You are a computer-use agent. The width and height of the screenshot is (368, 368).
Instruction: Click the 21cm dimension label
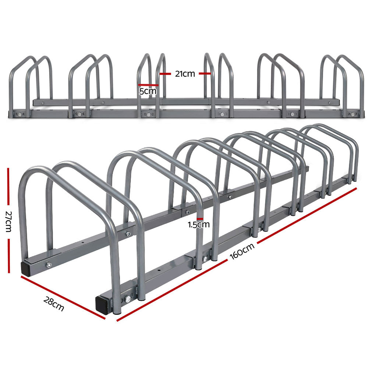[x=184, y=74]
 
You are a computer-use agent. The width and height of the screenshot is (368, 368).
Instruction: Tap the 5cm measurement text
[x=148, y=91]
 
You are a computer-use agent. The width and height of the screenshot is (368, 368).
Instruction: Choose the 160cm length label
[x=243, y=254]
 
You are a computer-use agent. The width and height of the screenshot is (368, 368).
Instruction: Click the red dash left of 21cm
[x=166, y=74]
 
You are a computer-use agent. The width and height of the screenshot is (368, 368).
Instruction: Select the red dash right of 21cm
[x=205, y=74]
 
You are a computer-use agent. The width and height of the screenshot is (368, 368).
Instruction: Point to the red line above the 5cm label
[x=148, y=85]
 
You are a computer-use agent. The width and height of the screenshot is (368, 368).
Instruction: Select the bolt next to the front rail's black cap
[x=128, y=299]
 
